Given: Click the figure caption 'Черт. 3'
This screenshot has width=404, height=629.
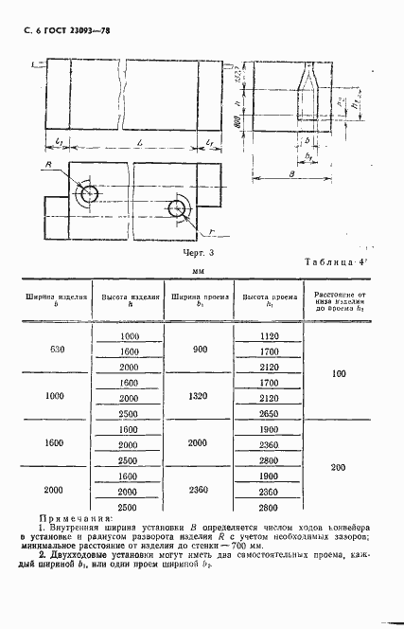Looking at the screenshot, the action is [198, 253].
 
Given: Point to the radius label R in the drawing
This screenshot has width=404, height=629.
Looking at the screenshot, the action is [47, 165].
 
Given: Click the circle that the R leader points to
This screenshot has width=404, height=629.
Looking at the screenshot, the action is [89, 194].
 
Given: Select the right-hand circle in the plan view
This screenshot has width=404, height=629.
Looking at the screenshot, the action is [177, 208].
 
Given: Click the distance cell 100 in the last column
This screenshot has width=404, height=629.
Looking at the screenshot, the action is [340, 375].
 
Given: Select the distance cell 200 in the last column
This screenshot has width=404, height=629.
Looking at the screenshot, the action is [340, 468].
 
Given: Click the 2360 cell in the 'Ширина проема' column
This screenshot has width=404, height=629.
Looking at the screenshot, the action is [199, 492].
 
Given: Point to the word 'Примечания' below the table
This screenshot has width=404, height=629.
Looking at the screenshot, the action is [73, 519].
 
